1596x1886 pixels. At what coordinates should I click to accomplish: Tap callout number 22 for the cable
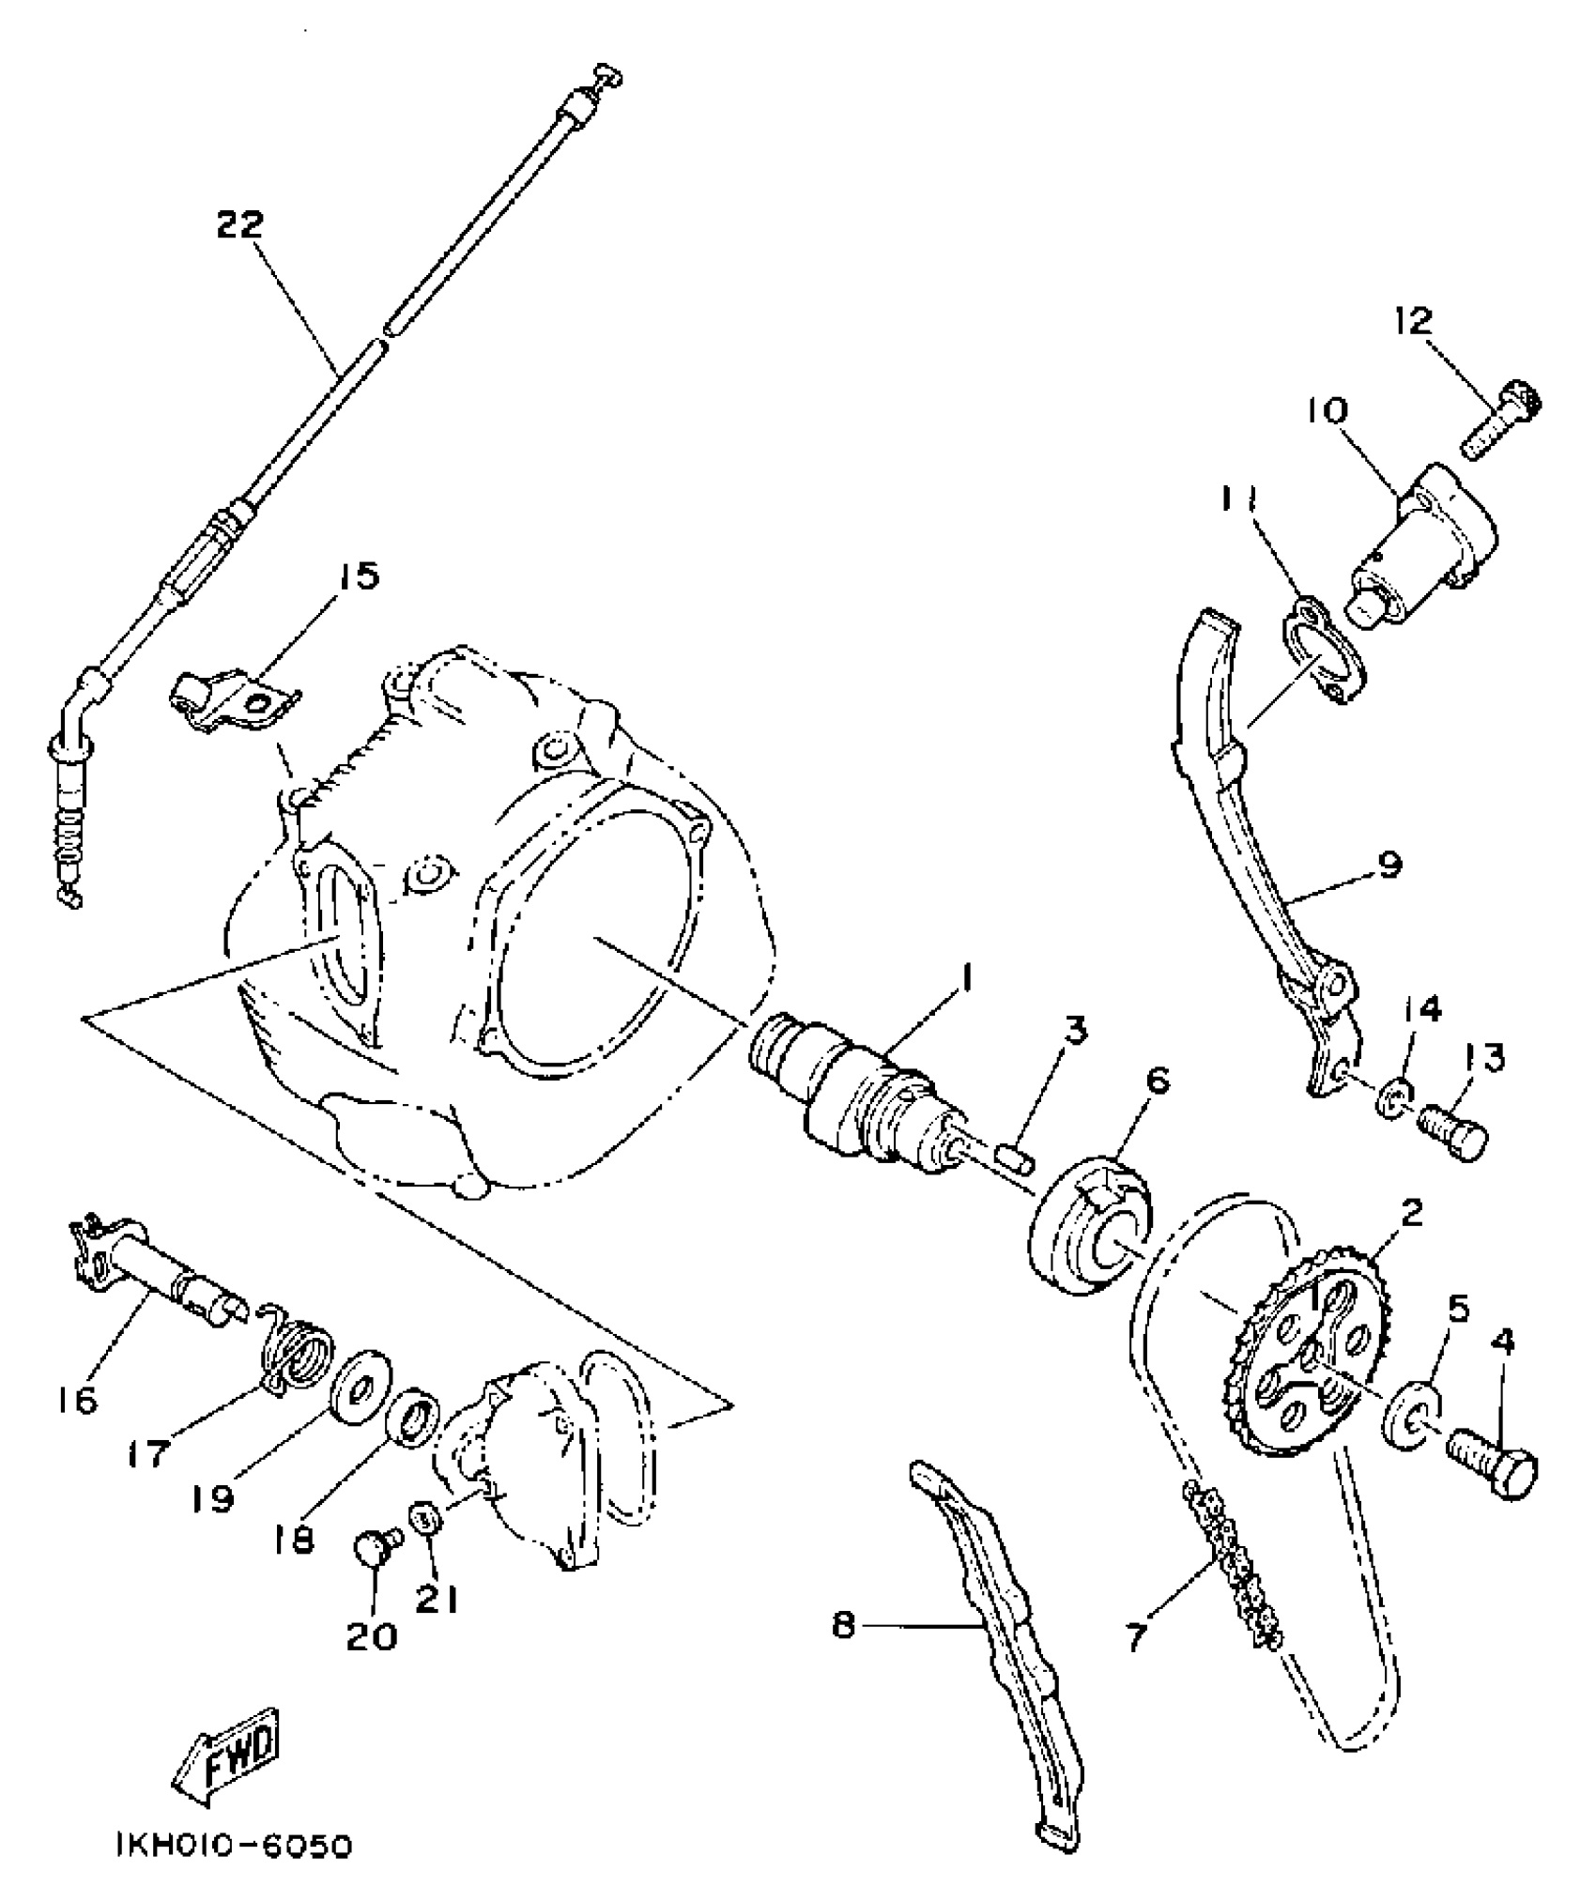click(x=239, y=225)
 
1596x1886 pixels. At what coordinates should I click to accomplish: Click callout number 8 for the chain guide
click(x=844, y=1625)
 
